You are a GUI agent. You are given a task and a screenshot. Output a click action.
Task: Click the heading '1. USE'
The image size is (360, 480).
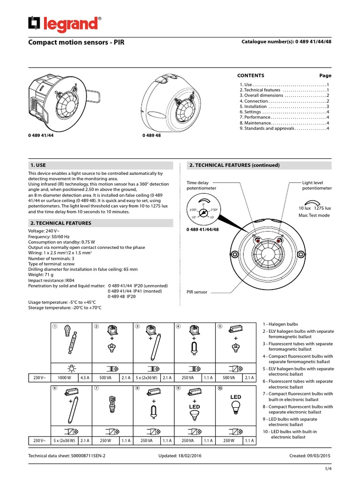tap(37, 165)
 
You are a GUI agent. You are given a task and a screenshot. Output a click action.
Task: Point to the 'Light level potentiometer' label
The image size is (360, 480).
tap(316, 185)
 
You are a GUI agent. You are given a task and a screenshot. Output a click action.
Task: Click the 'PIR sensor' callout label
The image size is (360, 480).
tap(197, 292)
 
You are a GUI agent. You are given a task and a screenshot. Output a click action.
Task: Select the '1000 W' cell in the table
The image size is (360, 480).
tap(64, 377)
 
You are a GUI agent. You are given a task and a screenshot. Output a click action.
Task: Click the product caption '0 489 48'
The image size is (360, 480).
tap(151, 135)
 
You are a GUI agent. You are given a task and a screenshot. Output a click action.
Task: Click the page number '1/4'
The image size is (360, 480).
tap(329, 469)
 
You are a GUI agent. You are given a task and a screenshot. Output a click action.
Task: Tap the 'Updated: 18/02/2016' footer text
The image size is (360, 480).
tap(180, 455)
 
